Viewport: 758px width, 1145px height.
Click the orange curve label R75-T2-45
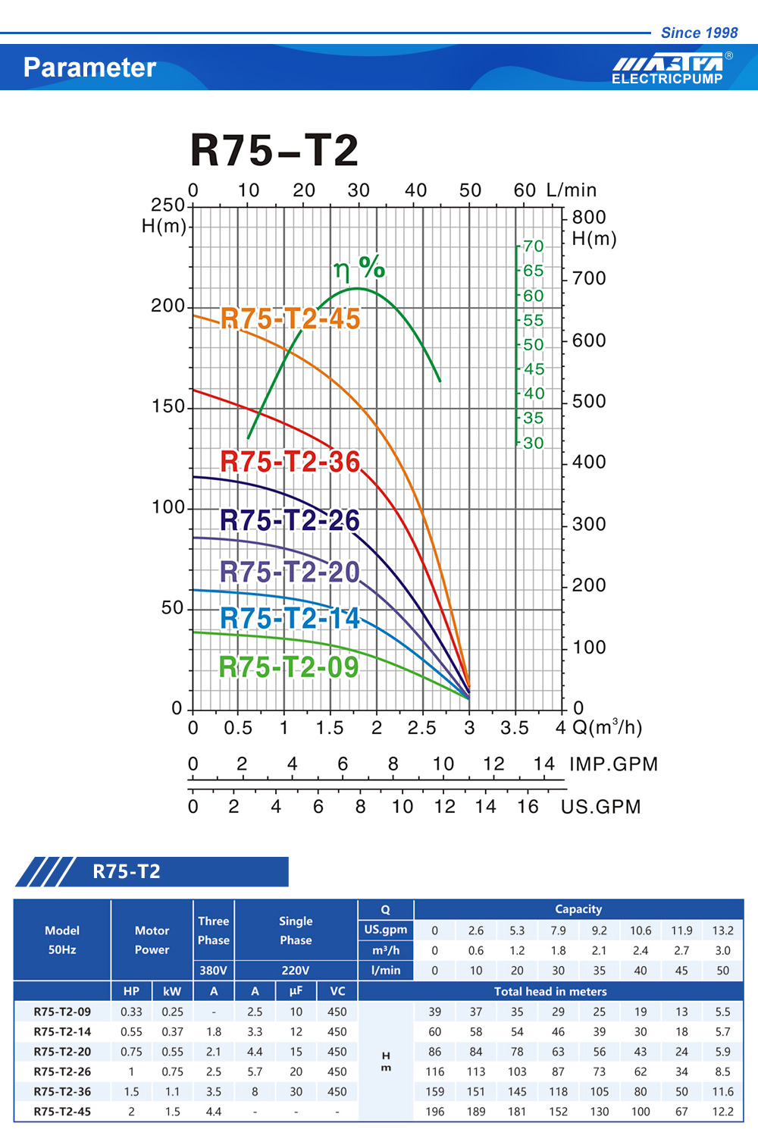[290, 319]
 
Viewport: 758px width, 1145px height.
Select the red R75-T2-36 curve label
[290, 461]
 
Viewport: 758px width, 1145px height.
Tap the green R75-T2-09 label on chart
[289, 667]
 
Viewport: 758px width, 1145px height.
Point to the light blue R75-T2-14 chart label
[290, 618]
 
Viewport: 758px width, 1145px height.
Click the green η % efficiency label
[359, 268]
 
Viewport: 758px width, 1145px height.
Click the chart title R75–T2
[274, 150]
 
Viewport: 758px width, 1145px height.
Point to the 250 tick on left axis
[168, 205]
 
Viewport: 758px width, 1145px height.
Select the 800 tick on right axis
[589, 218]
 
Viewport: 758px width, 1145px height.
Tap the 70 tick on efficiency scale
[534, 246]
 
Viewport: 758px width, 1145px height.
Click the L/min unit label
[572, 190]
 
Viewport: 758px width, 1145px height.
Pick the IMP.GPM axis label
[613, 764]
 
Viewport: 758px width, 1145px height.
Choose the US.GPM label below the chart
[600, 806]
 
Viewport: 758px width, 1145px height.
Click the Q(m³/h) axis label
[607, 728]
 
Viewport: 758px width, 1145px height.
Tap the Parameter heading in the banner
[89, 67]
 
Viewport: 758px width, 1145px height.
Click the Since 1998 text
[699, 33]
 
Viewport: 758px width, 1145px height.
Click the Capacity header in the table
[578, 909]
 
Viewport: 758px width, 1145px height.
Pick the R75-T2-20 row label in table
[62, 1052]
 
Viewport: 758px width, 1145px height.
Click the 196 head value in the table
[434, 1112]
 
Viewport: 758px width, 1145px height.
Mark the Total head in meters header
[550, 991]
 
